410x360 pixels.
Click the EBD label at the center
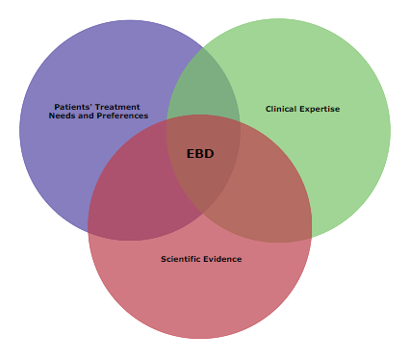(200, 153)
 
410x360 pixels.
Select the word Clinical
(281, 109)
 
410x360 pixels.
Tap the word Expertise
(320, 109)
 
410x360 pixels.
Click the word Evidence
(224, 259)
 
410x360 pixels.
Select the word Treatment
(121, 107)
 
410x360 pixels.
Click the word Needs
(62, 116)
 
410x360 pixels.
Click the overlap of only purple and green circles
(204, 87)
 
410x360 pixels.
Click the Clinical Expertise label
(302, 109)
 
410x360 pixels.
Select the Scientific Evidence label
(201, 259)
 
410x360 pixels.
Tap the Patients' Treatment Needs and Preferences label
(98, 112)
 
